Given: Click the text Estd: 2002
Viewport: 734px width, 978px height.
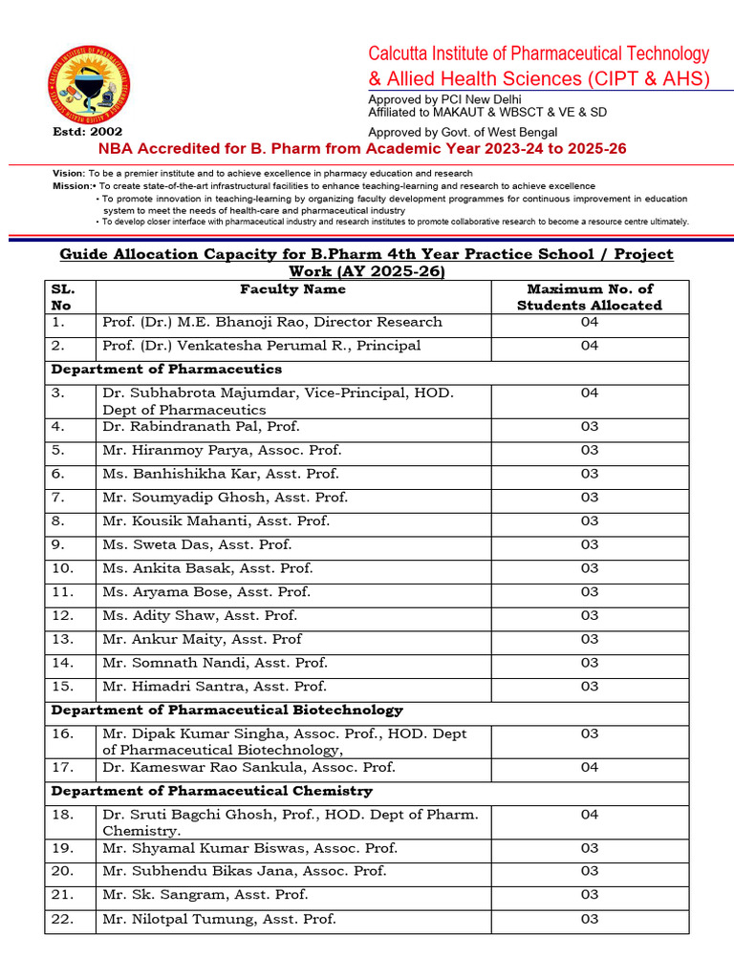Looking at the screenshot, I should click(x=84, y=132).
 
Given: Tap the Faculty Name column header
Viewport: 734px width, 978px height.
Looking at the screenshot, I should click(x=292, y=289).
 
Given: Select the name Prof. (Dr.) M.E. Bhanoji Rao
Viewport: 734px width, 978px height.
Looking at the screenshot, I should click(x=271, y=323).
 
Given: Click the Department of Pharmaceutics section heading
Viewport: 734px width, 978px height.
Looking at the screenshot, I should click(x=166, y=370).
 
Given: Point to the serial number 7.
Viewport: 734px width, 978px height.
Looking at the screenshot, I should click(x=57, y=498).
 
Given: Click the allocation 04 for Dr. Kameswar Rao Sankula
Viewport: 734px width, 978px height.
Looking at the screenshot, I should click(x=589, y=768).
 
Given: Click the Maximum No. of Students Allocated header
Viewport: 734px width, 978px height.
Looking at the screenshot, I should click(x=589, y=297).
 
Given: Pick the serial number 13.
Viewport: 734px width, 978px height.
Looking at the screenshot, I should click(x=61, y=639).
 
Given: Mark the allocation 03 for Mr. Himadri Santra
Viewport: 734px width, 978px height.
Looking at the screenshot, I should click(x=589, y=687).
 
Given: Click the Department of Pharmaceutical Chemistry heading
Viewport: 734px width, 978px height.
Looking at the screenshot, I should click(x=211, y=792).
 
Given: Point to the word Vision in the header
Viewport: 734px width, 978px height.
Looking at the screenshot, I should click(x=68, y=173).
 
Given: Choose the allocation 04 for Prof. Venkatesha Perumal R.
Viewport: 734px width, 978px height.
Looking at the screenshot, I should click(x=589, y=346).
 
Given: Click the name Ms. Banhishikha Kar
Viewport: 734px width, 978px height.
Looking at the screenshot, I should click(x=220, y=474).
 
